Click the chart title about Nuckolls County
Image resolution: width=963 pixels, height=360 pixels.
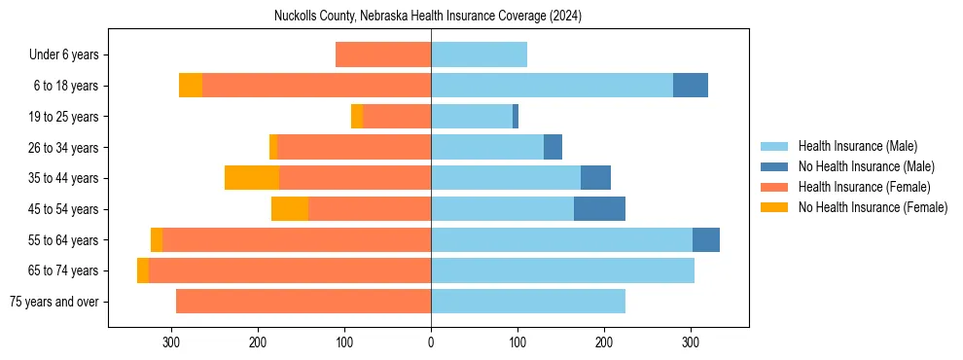[x=429, y=16]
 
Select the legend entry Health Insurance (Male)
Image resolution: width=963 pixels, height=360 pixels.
[x=857, y=146]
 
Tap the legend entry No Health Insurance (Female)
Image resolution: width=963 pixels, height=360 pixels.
[x=873, y=207]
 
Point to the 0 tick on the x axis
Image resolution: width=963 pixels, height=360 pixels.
[x=431, y=342]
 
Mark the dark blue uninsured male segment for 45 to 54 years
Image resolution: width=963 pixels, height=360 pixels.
[x=599, y=209]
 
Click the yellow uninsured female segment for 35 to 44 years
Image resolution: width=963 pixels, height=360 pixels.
[x=252, y=178]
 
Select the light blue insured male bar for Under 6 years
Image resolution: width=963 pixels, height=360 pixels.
[x=479, y=55]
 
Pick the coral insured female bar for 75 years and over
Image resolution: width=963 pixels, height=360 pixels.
[x=303, y=302]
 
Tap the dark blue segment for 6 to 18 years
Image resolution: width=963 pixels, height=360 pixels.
[x=691, y=86]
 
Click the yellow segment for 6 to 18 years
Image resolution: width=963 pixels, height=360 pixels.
[x=191, y=86]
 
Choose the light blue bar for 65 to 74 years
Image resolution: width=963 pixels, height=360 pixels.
[x=562, y=270]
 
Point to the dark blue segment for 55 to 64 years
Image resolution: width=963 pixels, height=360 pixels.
[x=706, y=240]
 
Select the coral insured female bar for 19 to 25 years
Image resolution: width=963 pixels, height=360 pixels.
[x=397, y=117]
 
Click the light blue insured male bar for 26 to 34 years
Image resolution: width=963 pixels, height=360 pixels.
[x=487, y=148]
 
